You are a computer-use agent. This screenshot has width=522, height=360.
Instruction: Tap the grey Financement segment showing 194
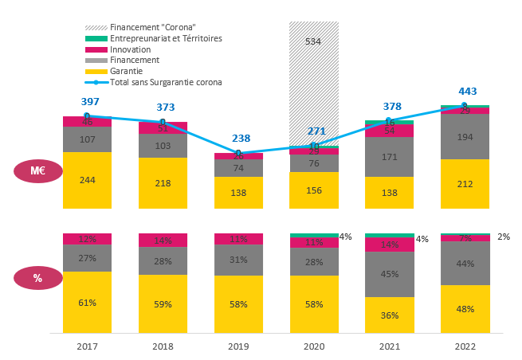[465, 136]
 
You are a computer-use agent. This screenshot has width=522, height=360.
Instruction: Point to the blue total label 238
[241, 138]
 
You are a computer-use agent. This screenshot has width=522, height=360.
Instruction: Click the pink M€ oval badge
[37, 171]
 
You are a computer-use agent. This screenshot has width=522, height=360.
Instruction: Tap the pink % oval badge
[37, 278]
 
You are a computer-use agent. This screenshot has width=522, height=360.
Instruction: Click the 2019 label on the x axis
[238, 346]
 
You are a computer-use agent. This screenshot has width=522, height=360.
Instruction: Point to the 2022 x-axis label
[465, 346]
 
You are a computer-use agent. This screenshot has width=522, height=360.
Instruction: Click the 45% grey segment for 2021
[389, 275]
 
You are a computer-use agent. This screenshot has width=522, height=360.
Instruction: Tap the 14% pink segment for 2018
[163, 240]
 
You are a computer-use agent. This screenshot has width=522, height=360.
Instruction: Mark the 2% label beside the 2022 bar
[503, 237]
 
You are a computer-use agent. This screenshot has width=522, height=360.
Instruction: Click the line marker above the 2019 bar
[238, 153]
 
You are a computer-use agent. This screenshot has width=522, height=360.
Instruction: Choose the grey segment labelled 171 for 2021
[389, 157]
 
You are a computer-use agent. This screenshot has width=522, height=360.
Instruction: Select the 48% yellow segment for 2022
[465, 308]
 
